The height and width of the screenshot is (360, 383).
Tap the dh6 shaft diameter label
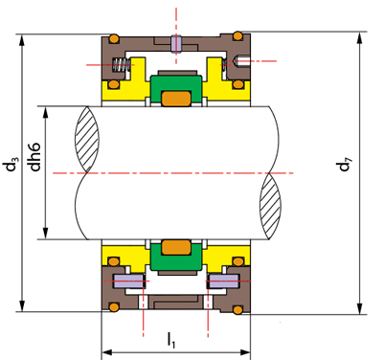coord(34,157)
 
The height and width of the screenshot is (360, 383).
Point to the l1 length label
coord(171,340)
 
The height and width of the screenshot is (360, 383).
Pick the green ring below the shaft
coord(176,256)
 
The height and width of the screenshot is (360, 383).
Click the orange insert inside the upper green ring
coord(176,99)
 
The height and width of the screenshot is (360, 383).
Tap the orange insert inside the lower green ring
coord(176,247)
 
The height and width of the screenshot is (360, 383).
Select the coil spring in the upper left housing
coord(121,65)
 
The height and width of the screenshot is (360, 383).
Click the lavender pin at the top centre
coord(176,43)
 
